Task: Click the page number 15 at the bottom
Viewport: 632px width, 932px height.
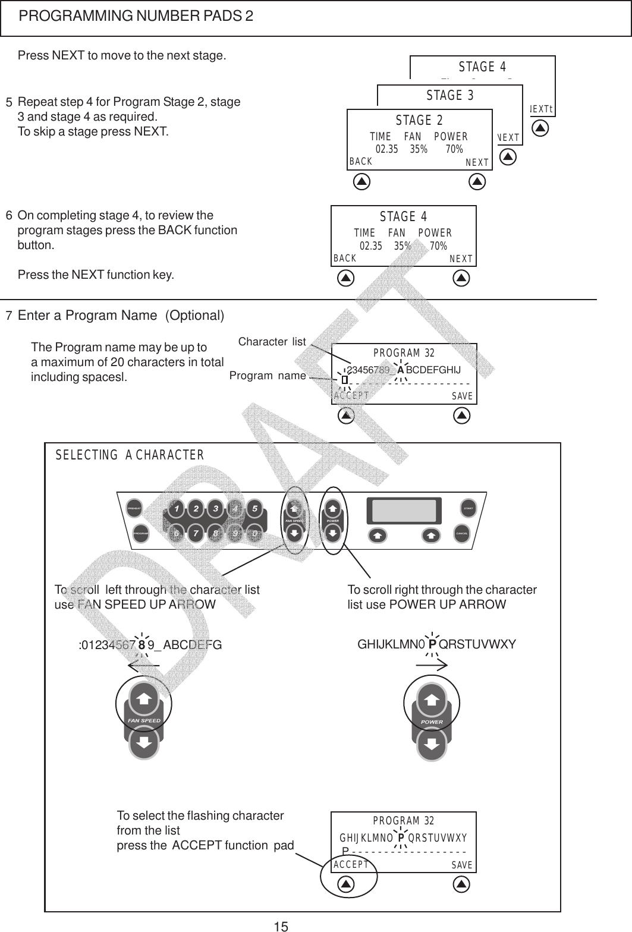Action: (281, 925)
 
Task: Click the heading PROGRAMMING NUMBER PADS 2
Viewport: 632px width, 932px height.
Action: (136, 16)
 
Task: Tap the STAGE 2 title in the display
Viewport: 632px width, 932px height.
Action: (419, 121)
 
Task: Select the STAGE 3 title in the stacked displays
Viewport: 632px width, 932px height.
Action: (450, 95)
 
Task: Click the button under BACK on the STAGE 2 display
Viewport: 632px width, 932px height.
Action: (361, 182)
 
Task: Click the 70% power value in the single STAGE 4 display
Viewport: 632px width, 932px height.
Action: (438, 245)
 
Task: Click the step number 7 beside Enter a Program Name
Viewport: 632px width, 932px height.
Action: (8, 316)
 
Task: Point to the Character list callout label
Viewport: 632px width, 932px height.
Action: (272, 342)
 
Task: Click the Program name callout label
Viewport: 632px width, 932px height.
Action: (268, 376)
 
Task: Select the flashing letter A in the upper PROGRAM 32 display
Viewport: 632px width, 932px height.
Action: (401, 370)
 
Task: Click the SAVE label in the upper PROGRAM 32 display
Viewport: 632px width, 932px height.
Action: (462, 396)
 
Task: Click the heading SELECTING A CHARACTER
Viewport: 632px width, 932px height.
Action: (130, 456)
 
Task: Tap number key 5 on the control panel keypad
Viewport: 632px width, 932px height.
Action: (254, 509)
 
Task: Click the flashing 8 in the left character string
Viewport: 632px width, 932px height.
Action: (142, 644)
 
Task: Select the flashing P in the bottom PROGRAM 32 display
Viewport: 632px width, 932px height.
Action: (401, 838)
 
